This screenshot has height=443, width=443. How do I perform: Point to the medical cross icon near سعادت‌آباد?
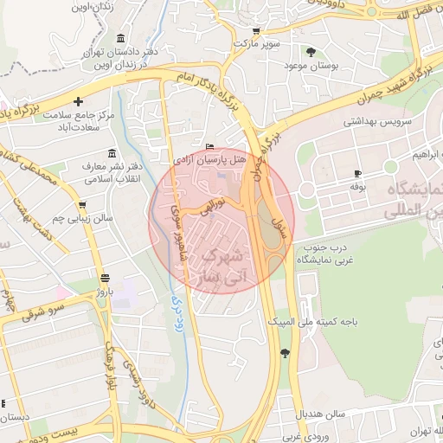(x=79, y=101)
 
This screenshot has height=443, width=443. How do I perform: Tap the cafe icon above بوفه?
(x=357, y=173)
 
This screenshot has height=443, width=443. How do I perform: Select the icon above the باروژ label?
(x=105, y=278)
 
